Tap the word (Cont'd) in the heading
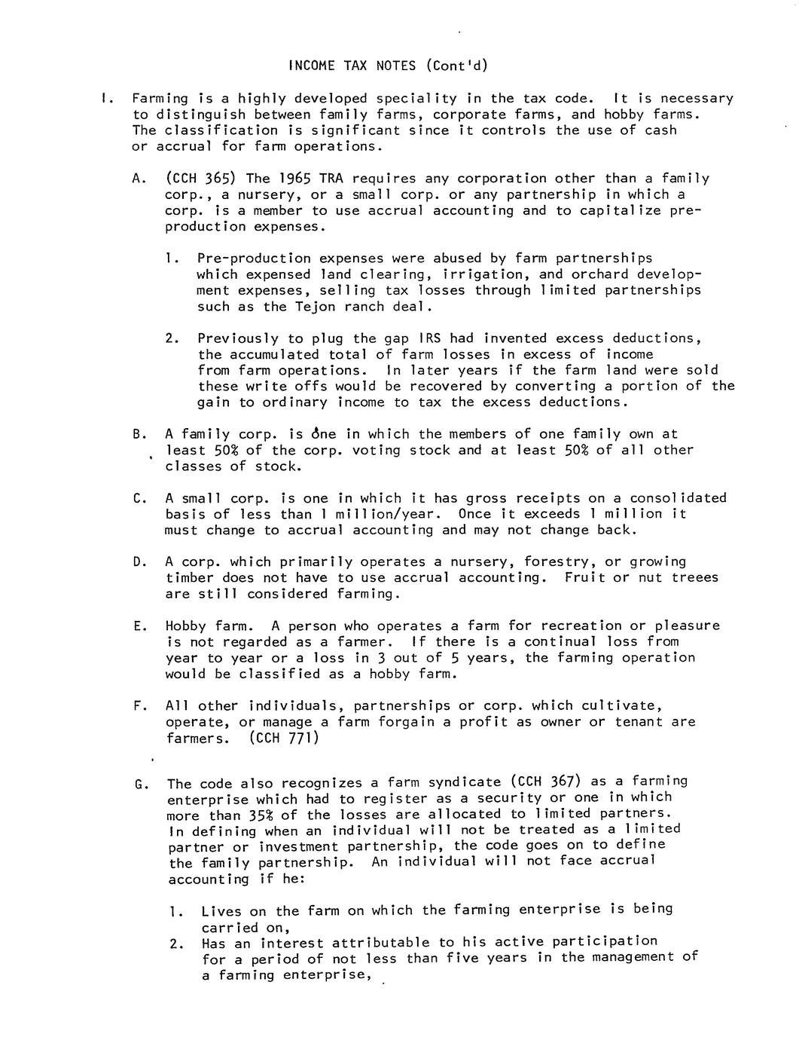[456, 66]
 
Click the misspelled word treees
[694, 578]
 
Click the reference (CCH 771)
[284, 738]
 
